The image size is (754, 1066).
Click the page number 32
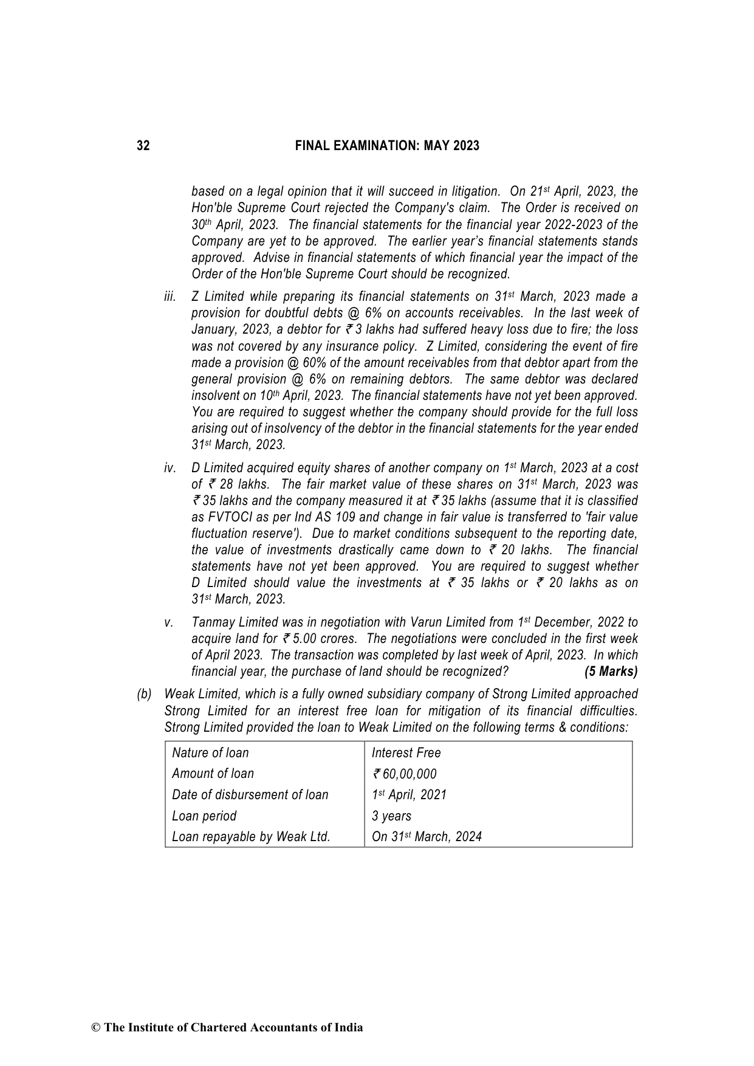click(x=143, y=146)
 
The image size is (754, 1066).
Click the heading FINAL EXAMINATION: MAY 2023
click(x=387, y=146)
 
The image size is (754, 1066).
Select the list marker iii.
click(x=170, y=297)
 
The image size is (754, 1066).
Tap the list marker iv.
click(x=170, y=469)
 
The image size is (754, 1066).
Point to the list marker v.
click(x=170, y=623)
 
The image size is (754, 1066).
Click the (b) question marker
click(x=144, y=695)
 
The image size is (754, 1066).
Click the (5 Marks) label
click(x=611, y=672)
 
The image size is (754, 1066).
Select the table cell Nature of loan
click(x=210, y=753)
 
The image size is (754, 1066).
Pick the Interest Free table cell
click(x=406, y=753)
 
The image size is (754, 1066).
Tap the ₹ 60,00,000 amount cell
click(x=405, y=774)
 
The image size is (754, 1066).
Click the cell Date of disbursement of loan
click(x=250, y=795)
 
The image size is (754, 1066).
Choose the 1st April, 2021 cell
click(x=409, y=795)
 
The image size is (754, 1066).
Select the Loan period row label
click(x=204, y=816)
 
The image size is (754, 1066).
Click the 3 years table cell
click(x=391, y=816)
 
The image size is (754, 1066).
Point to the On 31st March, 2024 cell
click(x=427, y=837)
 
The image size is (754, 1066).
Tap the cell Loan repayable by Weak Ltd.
click(x=251, y=837)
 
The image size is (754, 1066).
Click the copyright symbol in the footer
click(x=95, y=1028)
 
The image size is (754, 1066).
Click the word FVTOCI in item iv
click(x=230, y=518)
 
